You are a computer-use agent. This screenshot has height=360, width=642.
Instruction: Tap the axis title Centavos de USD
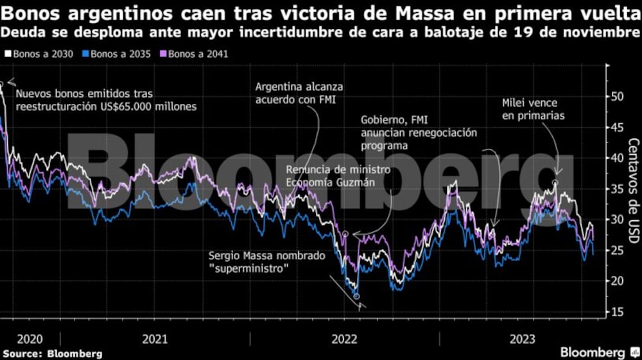point(632,191)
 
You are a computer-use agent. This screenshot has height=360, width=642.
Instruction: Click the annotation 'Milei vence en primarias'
point(534,109)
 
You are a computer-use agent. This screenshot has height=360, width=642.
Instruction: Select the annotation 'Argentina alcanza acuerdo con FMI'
point(299,92)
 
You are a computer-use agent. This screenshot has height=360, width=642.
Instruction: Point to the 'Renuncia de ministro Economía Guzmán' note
point(338,175)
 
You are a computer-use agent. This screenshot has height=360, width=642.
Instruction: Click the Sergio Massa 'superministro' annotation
point(267,261)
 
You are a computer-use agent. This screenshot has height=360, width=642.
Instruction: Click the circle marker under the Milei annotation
point(555,183)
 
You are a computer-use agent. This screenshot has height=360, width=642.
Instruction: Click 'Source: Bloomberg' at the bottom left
point(51,353)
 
